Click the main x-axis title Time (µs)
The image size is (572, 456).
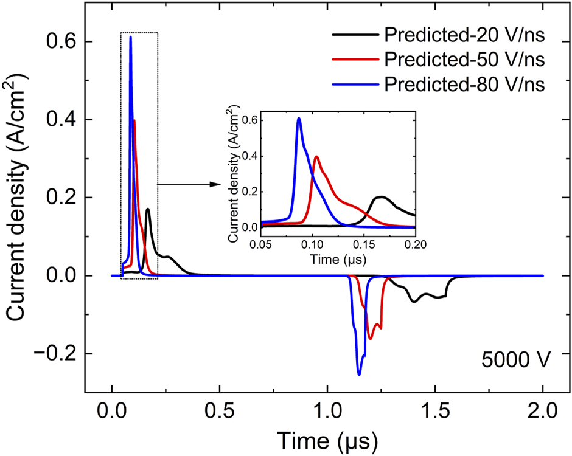click(x=327, y=438)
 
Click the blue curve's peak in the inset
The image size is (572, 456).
click(x=299, y=119)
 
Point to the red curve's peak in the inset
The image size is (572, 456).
click(x=316, y=157)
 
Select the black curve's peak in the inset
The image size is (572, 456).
click(x=381, y=197)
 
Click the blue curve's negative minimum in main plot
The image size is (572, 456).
click(x=359, y=375)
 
